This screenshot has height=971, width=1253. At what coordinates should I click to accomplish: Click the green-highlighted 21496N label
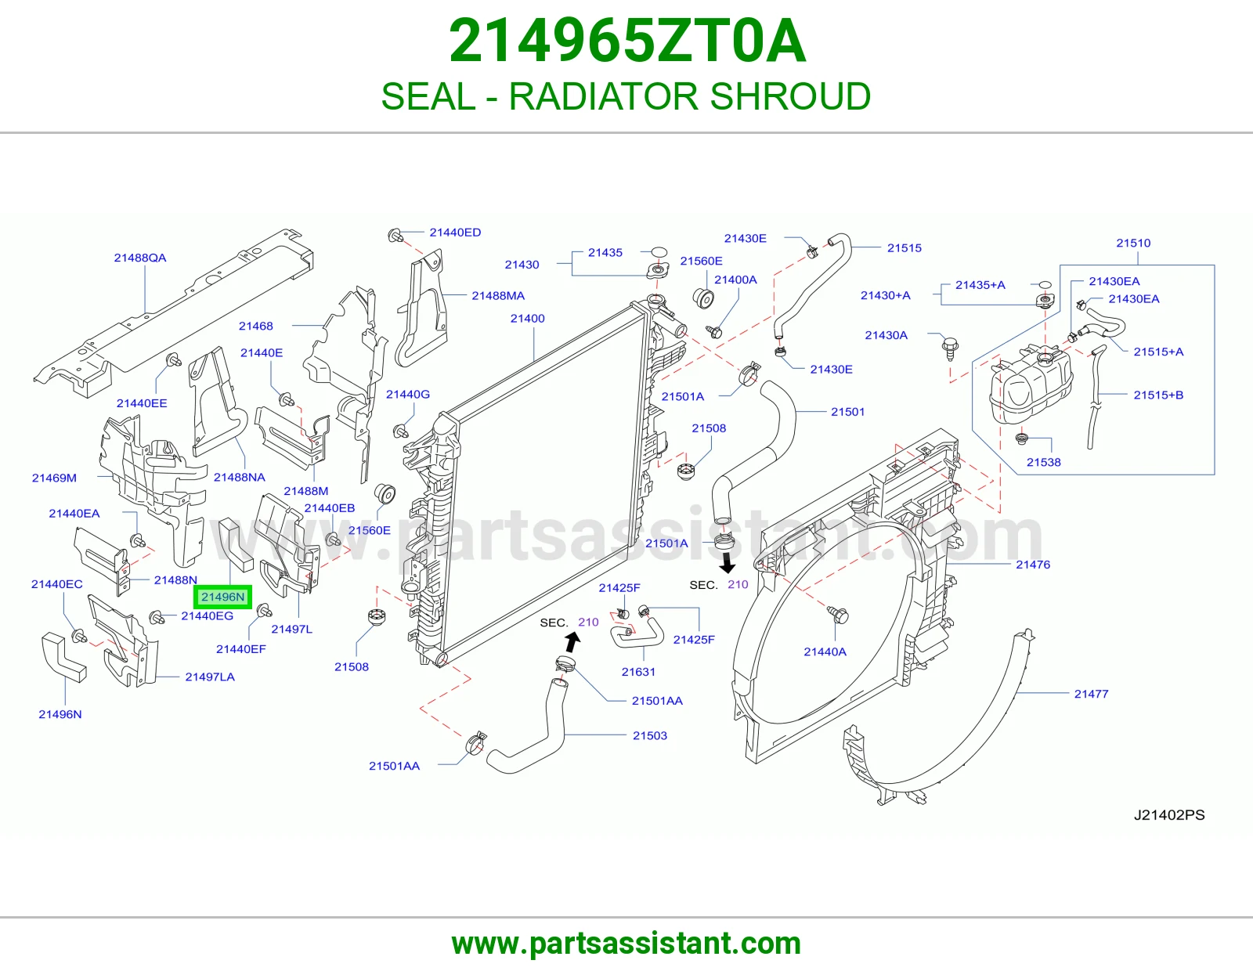click(x=222, y=597)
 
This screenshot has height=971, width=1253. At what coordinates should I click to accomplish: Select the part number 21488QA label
click(x=140, y=258)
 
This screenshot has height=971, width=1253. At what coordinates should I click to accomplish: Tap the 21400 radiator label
click(x=528, y=318)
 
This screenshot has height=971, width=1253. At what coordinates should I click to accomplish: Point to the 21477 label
click(x=1091, y=694)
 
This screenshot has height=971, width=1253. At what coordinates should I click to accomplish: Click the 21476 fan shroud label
click(x=1033, y=565)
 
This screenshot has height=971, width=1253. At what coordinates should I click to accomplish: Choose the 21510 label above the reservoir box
click(x=1133, y=243)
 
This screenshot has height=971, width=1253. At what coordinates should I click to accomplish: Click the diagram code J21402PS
click(x=1169, y=814)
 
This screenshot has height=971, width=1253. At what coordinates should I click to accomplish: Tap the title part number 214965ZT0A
click(x=626, y=41)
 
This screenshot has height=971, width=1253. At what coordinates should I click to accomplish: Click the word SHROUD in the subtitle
click(x=790, y=96)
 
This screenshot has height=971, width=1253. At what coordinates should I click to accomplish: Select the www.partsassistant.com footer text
click(x=626, y=944)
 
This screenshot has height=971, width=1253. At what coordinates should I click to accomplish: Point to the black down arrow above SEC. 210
click(x=728, y=563)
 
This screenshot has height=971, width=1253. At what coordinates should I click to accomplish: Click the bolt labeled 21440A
click(x=838, y=615)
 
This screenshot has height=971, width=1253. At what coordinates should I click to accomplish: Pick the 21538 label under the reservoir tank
click(x=1044, y=462)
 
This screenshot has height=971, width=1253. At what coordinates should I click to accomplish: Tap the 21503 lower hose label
click(x=650, y=736)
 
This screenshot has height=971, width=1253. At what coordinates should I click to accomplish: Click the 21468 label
click(x=256, y=326)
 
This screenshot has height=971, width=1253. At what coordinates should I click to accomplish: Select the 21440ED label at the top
click(x=455, y=233)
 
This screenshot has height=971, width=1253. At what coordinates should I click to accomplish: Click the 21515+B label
click(x=1158, y=395)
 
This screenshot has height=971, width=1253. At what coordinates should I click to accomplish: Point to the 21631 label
click(x=638, y=672)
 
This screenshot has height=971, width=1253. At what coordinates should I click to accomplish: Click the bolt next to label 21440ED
click(x=395, y=235)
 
